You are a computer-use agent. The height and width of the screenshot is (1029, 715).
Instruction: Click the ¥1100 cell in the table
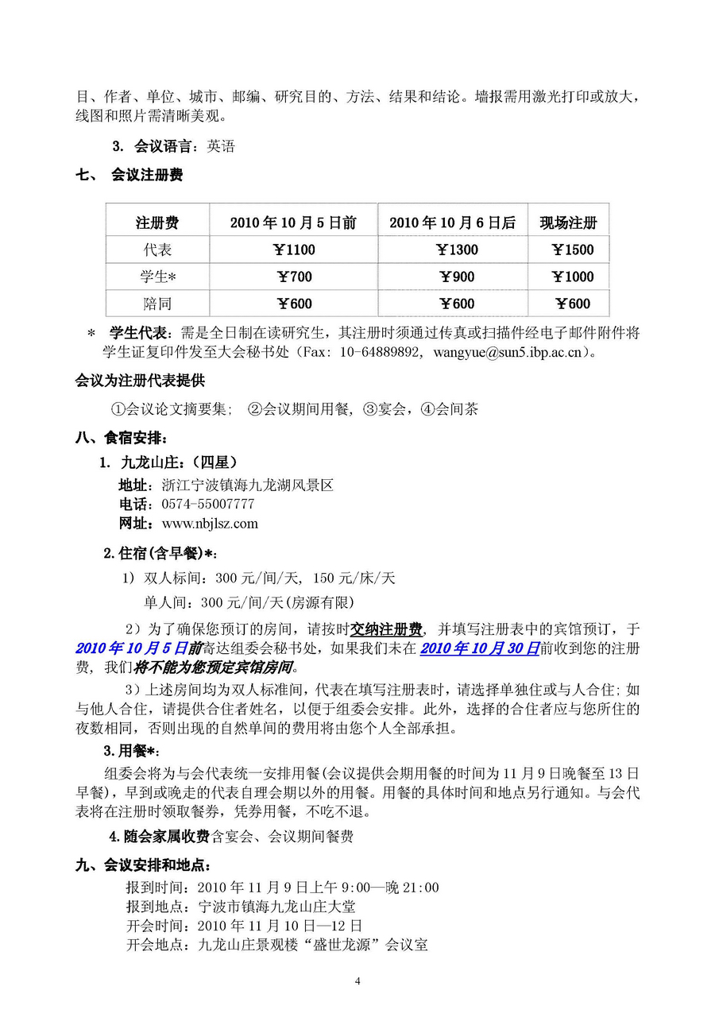tap(294, 250)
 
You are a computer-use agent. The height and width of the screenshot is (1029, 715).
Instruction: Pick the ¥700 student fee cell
tap(294, 277)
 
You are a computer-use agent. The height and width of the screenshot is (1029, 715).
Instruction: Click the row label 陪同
tap(157, 304)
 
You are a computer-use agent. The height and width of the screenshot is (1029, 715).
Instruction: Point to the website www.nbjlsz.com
tap(210, 524)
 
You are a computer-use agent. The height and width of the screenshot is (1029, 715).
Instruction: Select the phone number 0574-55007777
tap(208, 505)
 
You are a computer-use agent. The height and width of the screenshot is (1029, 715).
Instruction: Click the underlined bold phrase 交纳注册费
tap(386, 630)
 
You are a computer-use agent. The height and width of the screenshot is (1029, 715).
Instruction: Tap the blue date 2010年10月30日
tap(480, 648)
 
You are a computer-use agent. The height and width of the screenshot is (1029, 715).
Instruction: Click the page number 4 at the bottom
tap(357, 981)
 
